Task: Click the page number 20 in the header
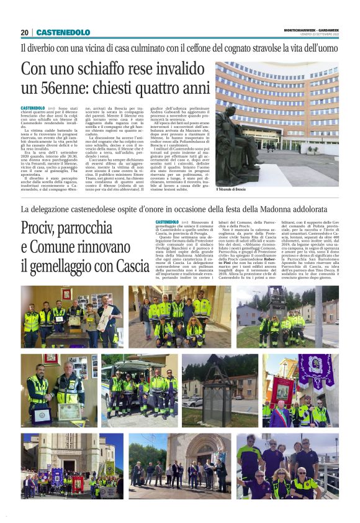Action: tap(24, 32)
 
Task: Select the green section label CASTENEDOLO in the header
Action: tap(63, 32)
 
